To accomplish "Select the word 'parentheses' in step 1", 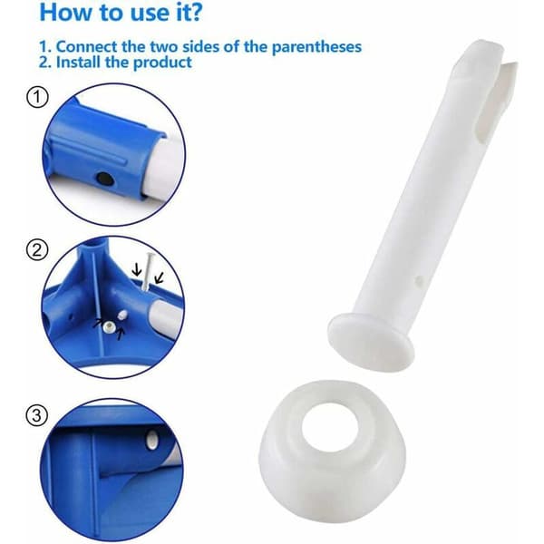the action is tap(316, 47).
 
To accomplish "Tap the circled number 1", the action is tap(37, 97).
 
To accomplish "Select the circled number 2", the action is tap(37, 250).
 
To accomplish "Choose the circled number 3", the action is tap(37, 415).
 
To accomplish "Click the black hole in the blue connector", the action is tap(103, 179).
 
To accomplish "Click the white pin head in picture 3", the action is tap(151, 440).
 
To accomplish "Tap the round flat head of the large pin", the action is tap(371, 341).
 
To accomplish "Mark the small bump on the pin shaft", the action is tap(420, 278).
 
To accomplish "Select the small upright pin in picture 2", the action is tap(148, 271).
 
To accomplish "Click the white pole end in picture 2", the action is tap(167, 316).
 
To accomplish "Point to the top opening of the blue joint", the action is tap(94, 244).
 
